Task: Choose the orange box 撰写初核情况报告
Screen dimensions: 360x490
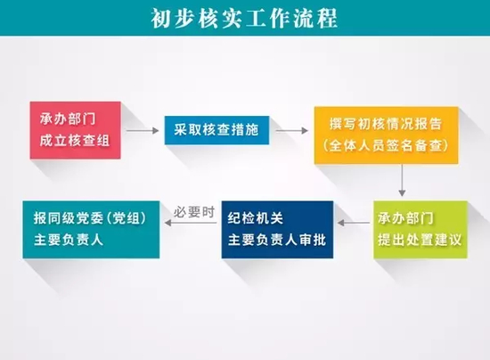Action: pyautogui.click(x=386, y=135)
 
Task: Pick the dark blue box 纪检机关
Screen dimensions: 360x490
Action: pyautogui.click(x=276, y=229)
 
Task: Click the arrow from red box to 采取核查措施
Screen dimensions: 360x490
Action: pyautogui.click(x=142, y=131)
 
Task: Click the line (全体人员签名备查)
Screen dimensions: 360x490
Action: pyautogui.click(x=386, y=144)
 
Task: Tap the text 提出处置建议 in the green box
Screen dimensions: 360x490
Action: pyautogui.click(x=419, y=239)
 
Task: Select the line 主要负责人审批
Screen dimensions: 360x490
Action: pyautogui.click(x=276, y=239)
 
